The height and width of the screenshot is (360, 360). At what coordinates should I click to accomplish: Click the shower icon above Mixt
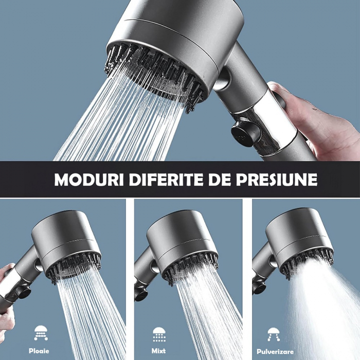pos(159,334)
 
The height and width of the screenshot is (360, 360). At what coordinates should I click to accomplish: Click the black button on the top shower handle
pos(244,133)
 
